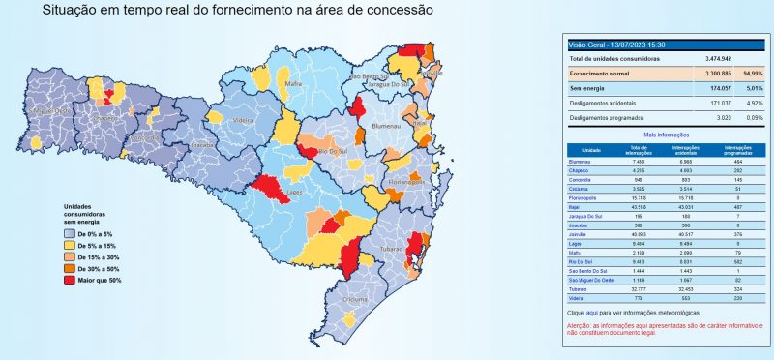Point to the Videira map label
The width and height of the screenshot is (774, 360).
(243, 121)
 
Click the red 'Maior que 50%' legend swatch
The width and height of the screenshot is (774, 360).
(69, 279)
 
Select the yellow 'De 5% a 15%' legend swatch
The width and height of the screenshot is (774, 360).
(69, 247)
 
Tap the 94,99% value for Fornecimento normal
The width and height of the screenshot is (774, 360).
(753, 73)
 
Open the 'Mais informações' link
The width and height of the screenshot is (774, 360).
(665, 135)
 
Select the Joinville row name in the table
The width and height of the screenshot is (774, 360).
(580, 234)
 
